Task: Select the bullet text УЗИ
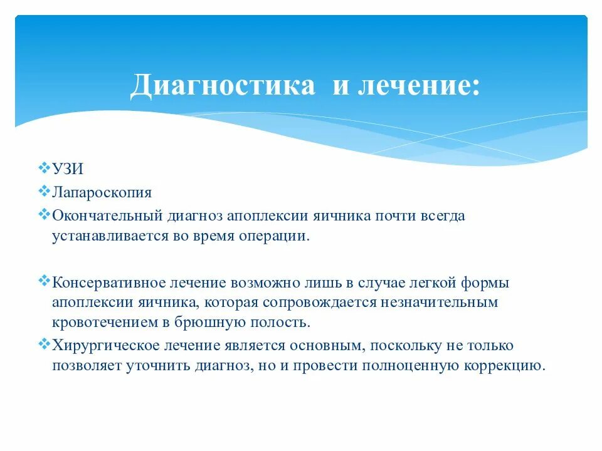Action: (x=68, y=170)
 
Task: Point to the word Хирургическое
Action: (x=102, y=346)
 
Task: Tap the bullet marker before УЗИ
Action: (x=44, y=168)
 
